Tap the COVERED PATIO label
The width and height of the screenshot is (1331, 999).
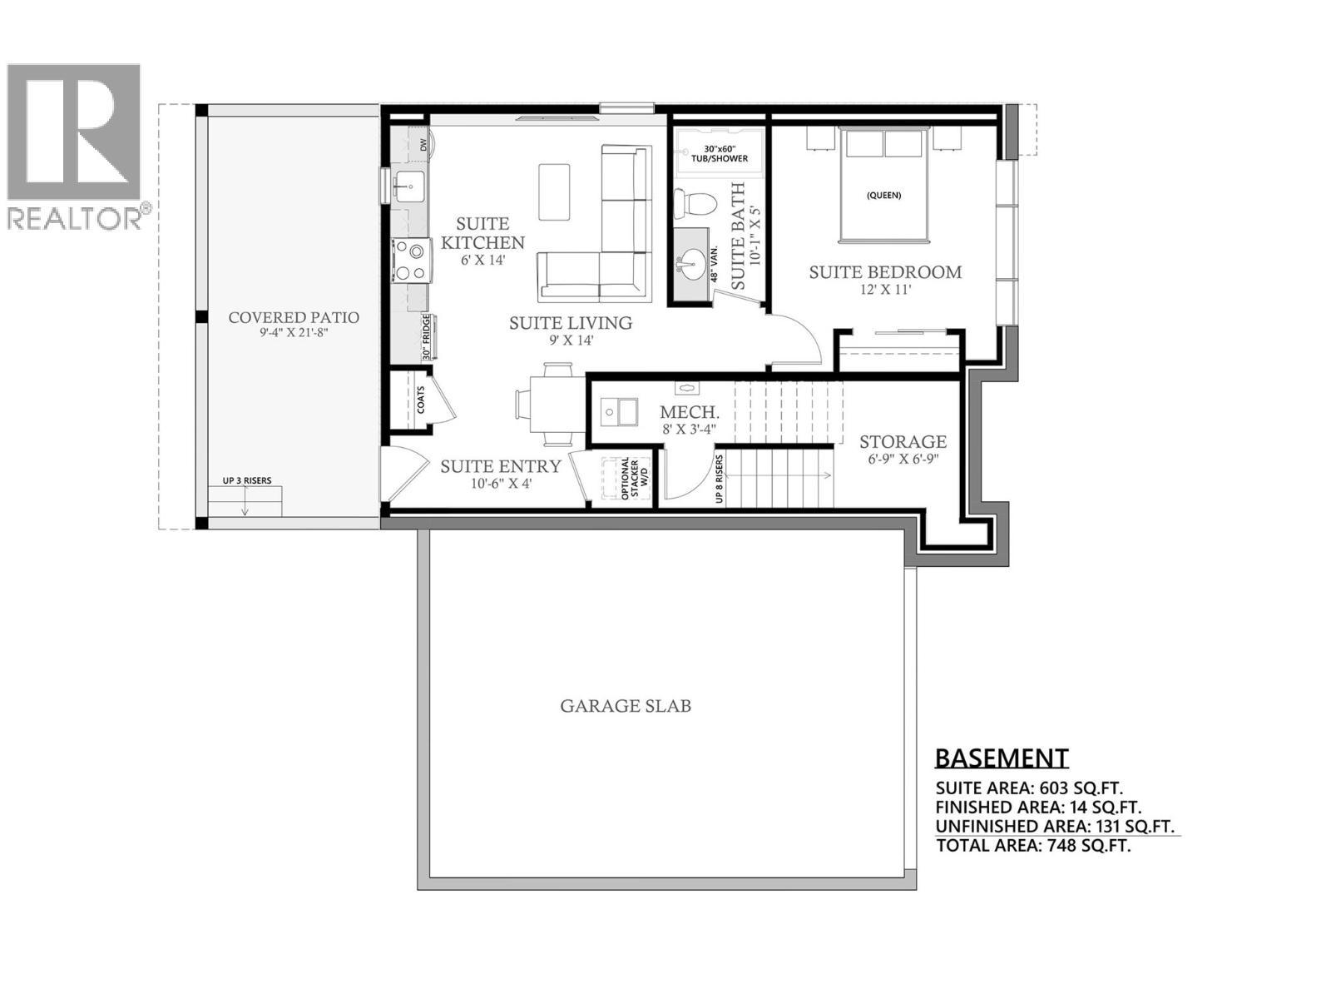[294, 317]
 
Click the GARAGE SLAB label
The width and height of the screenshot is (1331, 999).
[626, 706]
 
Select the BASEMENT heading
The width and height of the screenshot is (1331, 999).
[1001, 758]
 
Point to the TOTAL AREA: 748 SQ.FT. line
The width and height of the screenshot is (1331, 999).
[1033, 846]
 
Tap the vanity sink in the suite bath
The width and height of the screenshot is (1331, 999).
[690, 264]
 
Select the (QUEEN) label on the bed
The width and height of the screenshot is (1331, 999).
[883, 196]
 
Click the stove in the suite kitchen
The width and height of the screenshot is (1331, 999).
[411, 260]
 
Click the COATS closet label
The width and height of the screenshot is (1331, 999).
[421, 400]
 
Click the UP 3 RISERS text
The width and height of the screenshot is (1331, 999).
[246, 480]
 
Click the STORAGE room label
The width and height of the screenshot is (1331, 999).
[903, 442]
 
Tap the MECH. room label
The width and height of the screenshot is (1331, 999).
[689, 412]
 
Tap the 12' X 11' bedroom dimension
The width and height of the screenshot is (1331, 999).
[886, 291]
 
